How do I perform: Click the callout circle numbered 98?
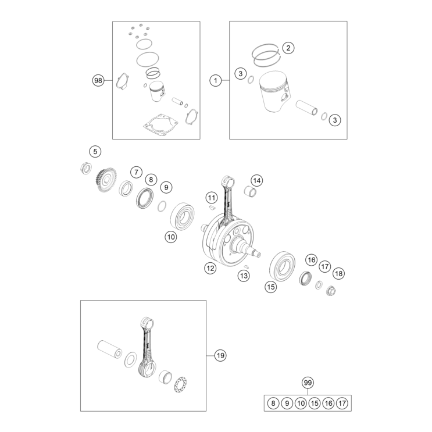[x=98, y=80]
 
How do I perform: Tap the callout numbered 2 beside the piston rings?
[x=288, y=48]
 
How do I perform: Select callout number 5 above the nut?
[x=95, y=152]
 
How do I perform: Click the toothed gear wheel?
[x=106, y=180]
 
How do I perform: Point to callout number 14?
[x=257, y=180]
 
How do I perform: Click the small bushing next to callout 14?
[x=250, y=191]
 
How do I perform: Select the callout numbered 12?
[x=210, y=268]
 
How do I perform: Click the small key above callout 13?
[x=247, y=266]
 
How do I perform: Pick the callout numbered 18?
[x=338, y=273]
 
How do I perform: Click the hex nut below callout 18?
[x=331, y=291]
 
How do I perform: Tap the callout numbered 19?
[x=220, y=355]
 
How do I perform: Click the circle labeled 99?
[x=308, y=383]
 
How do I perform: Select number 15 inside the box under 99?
[x=315, y=404]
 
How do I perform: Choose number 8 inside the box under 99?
[x=273, y=404]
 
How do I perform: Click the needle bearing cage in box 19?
[x=180, y=384]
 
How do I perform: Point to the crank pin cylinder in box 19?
[x=110, y=349]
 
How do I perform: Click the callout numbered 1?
[x=216, y=80]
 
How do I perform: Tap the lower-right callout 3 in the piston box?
[x=335, y=120]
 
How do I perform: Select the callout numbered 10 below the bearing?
[x=171, y=237]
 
